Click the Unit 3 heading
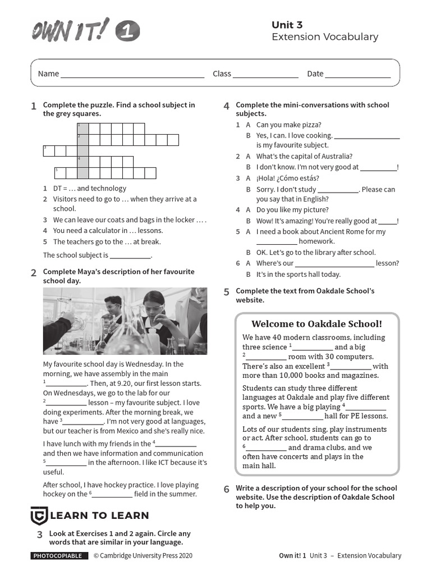[x=287, y=25]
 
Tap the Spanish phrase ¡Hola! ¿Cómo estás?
[x=288, y=178]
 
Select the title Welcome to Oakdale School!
[x=317, y=324]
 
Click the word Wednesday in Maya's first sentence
[x=148, y=364]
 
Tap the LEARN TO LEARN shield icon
[x=38, y=515]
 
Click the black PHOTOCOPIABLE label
[x=59, y=556]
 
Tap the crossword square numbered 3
[x=48, y=150]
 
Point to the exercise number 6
[x=226, y=489]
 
